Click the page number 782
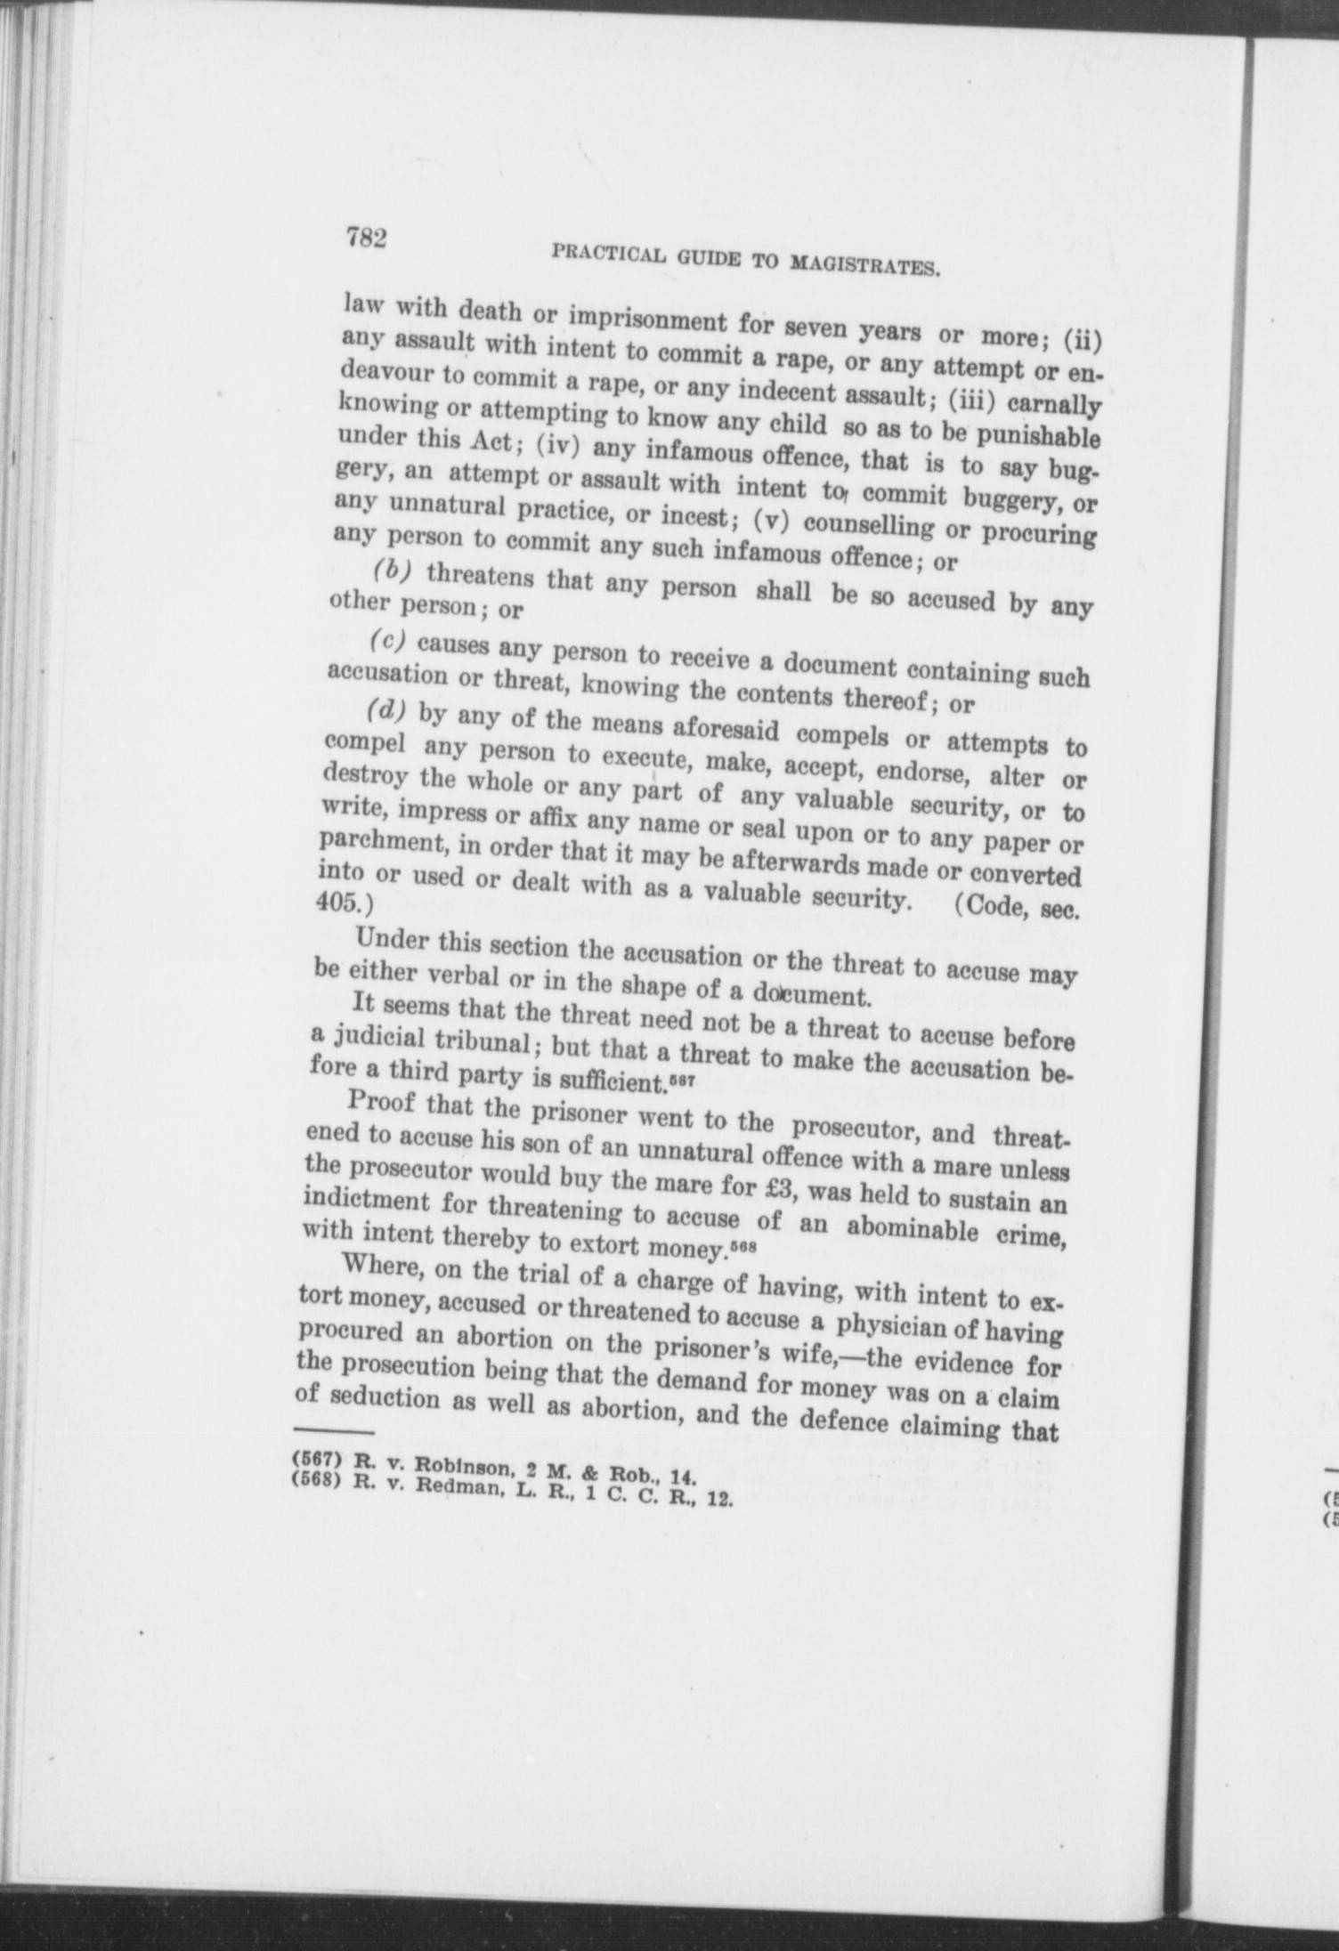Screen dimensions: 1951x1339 pos(365,239)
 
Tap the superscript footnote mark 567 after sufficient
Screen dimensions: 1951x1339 pos(681,1078)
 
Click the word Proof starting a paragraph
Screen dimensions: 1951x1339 pos(385,1105)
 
